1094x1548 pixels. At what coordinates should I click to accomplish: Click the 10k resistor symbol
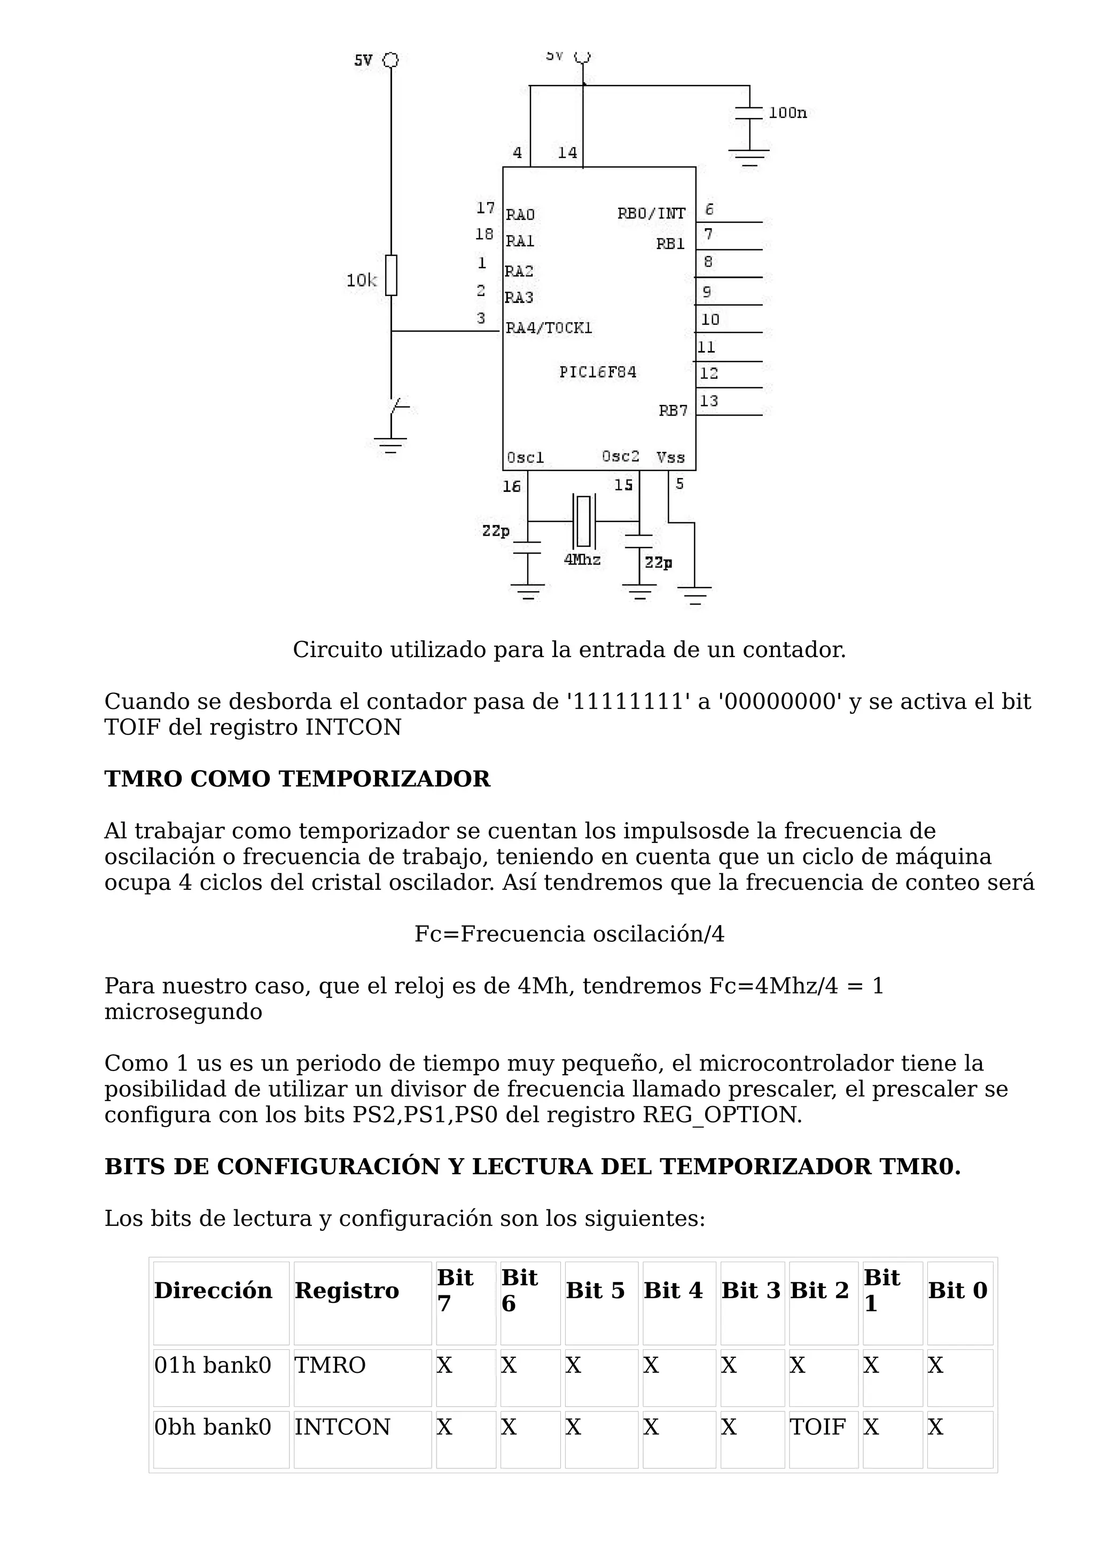[391, 275]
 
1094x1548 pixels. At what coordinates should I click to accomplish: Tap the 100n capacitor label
[787, 113]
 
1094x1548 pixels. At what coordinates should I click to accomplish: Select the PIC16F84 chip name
[597, 372]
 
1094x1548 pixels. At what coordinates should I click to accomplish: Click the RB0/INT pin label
[651, 214]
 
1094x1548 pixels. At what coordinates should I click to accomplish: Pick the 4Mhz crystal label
[582, 560]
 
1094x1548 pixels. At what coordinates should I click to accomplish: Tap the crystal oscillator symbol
[583, 521]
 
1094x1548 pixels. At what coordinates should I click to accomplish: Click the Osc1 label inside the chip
[525, 458]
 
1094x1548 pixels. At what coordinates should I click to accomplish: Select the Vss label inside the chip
[671, 458]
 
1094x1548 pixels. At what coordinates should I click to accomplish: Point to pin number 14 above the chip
[567, 153]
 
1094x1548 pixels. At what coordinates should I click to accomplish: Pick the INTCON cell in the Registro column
[342, 1427]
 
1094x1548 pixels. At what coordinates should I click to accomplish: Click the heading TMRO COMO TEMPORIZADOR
[297, 779]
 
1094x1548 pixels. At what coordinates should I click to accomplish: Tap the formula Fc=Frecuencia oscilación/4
[569, 934]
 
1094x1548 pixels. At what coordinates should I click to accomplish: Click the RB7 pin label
[673, 411]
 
